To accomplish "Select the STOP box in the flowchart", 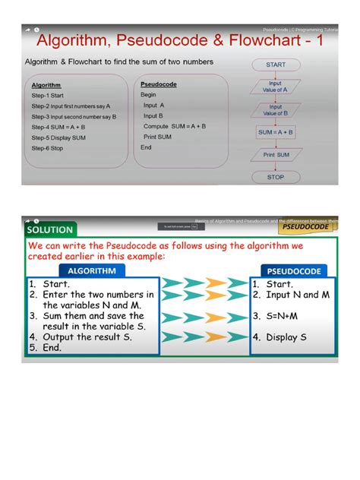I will (275, 177).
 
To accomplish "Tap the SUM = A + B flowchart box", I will (275, 132).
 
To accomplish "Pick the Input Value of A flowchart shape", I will (275, 87).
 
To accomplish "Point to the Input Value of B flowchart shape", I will (275, 110).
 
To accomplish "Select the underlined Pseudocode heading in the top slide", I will (159, 84).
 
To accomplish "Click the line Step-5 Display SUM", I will (58, 138).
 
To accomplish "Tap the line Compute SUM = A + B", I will (174, 127).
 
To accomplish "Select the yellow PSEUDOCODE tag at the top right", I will (305, 226).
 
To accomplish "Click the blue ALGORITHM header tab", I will (92, 270).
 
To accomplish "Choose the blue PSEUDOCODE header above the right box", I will (294, 271).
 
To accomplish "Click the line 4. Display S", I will (286, 337).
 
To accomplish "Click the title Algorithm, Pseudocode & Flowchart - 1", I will (180, 41).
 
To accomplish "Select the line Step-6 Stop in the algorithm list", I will (48, 149).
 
